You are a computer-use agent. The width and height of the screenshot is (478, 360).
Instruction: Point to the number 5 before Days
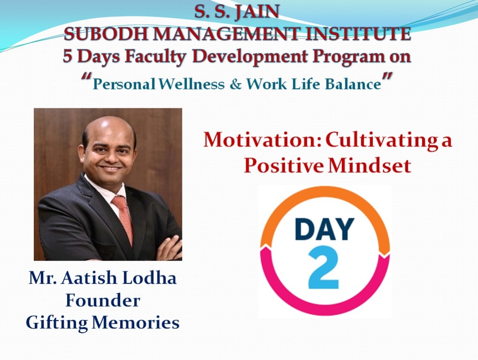point(68,57)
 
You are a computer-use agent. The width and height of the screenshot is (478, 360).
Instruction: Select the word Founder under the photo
point(102,300)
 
